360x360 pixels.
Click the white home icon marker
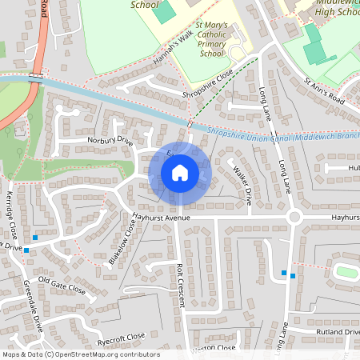tap(179, 173)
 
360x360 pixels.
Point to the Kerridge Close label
tap(11, 216)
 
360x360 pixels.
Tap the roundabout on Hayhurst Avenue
tap(294, 218)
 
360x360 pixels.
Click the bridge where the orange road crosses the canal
tap(34, 77)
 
